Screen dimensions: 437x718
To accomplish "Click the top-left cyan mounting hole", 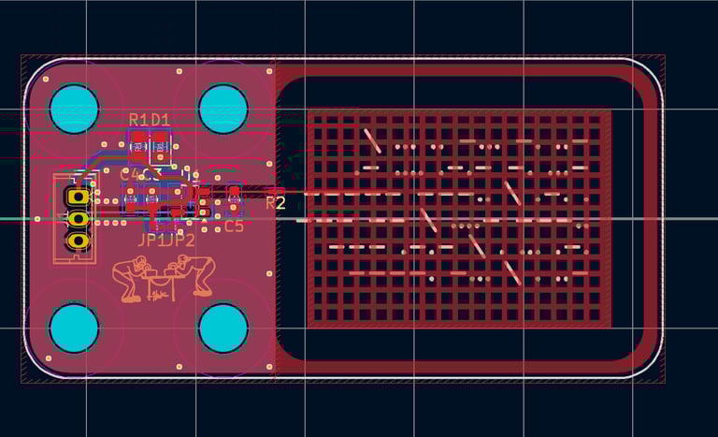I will pos(74,109).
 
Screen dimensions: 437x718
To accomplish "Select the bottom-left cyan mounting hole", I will pos(74,328).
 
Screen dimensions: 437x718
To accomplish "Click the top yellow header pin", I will pos(78,197).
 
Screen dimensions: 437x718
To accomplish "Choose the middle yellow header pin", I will pos(78,219).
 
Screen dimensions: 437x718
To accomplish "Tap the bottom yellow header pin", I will pos(78,240).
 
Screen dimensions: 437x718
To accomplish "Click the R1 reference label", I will pos(138,120).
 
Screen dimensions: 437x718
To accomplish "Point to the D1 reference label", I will pos(160,120).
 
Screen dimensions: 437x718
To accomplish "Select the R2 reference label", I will pos(276,202).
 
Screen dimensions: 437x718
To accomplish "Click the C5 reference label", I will pos(234,226).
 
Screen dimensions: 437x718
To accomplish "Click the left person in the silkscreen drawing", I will pos(131,280).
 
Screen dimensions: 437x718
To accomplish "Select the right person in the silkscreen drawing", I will pos(198,273).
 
